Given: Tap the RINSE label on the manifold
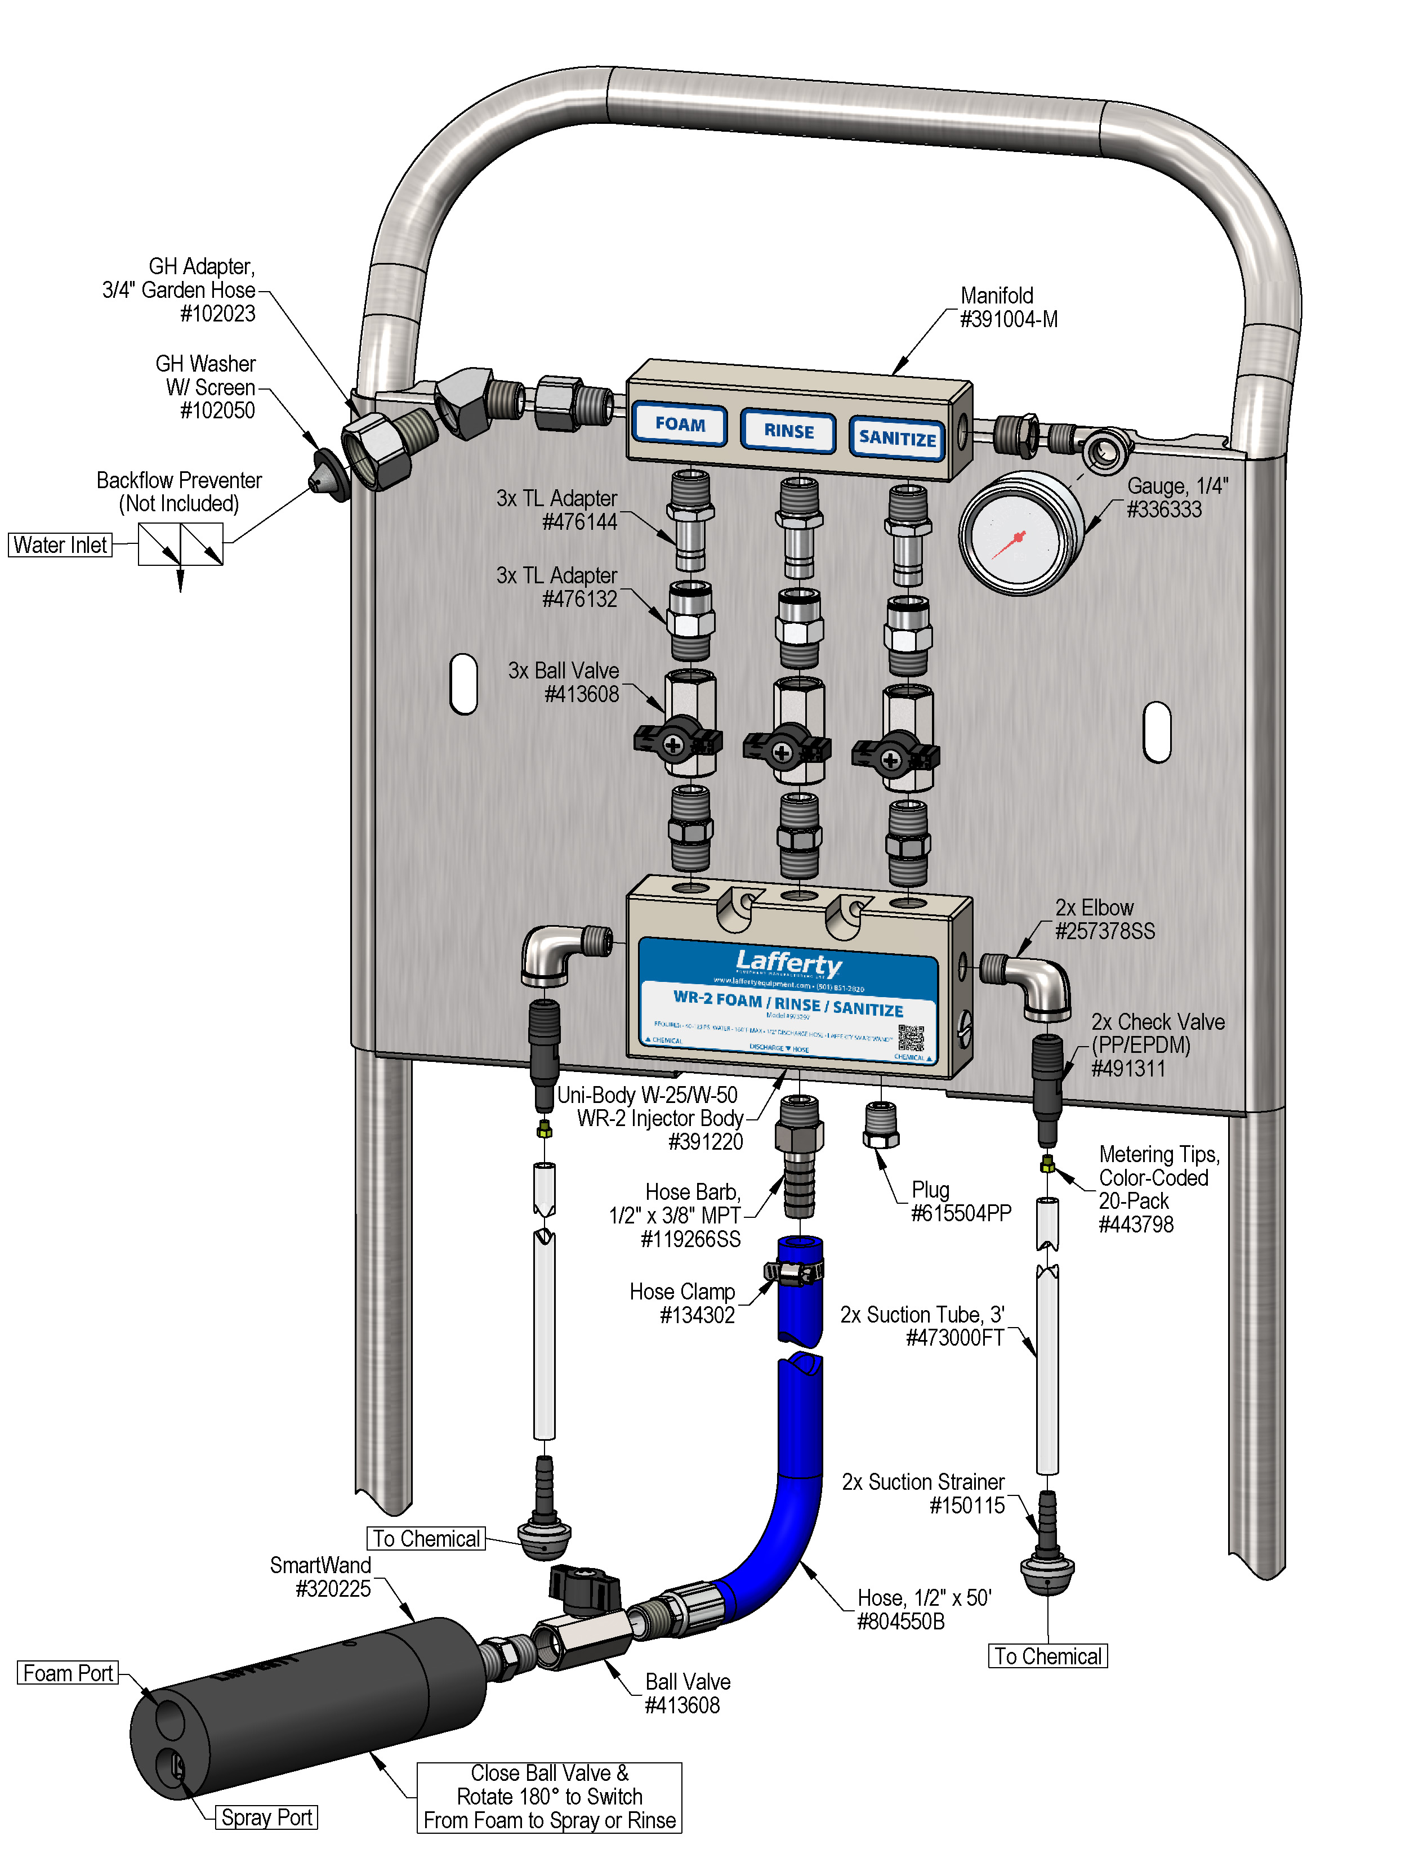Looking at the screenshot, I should (x=788, y=431).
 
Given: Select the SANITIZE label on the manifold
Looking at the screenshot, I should (x=896, y=437).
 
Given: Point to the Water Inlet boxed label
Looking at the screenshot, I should (x=60, y=545).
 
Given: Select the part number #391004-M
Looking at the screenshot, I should (x=1008, y=320).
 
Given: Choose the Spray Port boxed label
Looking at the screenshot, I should (x=266, y=1817).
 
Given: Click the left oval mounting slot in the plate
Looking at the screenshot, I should (x=463, y=684).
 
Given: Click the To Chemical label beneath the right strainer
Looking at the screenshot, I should (x=1047, y=1655).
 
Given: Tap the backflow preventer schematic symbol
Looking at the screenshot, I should (x=181, y=544).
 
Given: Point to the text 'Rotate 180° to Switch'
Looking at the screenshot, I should (x=550, y=1797).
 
